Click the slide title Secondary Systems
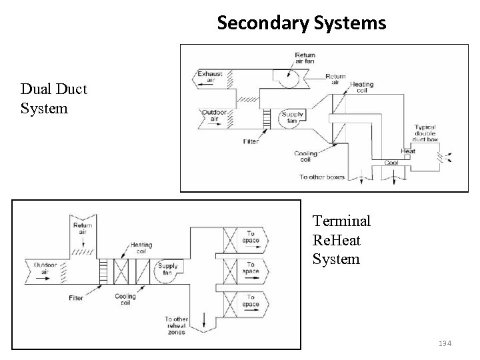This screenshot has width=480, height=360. pos(301,23)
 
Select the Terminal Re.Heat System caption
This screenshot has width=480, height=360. pos(341,239)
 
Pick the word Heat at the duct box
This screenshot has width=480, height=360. pos(408,151)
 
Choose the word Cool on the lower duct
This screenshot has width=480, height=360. pos(391,162)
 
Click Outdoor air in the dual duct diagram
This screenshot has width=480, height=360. pos(215,116)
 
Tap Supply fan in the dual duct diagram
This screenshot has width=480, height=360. pos(293,118)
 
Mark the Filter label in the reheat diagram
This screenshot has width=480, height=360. pos(76,298)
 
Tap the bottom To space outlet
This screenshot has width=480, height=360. pos(251,301)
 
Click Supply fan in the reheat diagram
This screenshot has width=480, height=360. pos(167,268)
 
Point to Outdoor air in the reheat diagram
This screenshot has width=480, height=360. pos(45,268)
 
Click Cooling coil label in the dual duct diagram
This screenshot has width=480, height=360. pos(306,157)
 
